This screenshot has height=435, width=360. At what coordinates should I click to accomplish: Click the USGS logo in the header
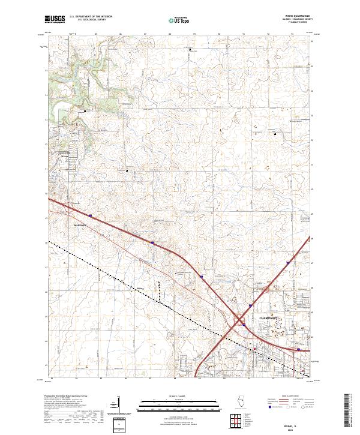coord(55,19)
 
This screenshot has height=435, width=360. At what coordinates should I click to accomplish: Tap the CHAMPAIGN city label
coord(269,316)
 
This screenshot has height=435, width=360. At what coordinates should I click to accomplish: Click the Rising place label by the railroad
coord(142,289)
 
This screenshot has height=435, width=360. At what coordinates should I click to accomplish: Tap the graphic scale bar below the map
coord(179,404)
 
